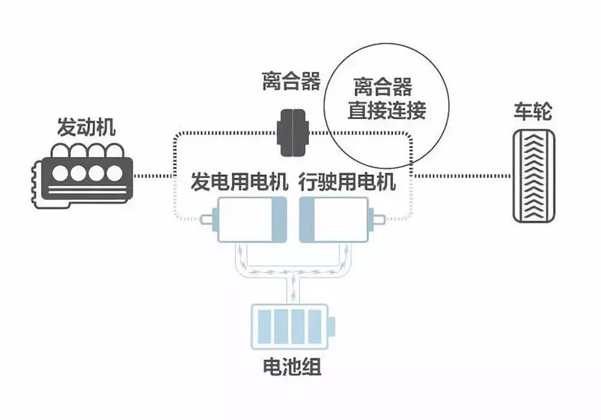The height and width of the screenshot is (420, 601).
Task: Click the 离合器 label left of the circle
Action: pos(291,81)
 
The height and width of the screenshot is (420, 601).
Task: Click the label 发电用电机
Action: pos(240,181)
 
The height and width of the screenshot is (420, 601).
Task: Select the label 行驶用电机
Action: pos(347,181)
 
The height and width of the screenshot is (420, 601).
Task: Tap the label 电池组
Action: pos(292,366)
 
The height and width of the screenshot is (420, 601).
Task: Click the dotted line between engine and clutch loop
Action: pos(153,176)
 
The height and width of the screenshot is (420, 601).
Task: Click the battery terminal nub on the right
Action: pos(335,327)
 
